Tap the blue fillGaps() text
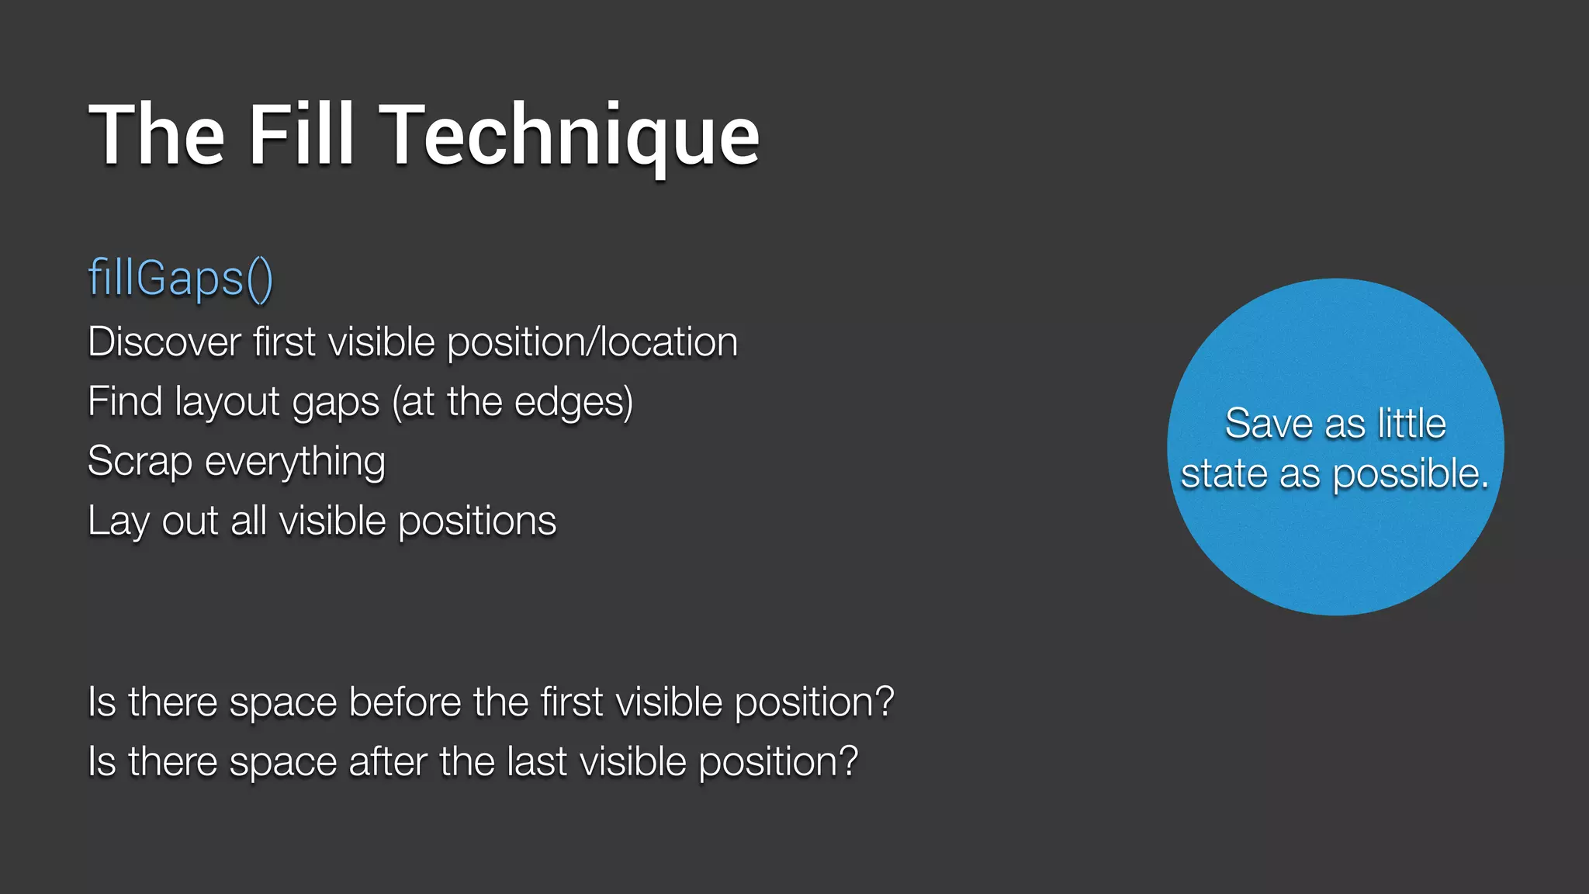click(x=180, y=278)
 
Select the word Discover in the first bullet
click(x=164, y=342)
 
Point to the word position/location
click(x=593, y=342)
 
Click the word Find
click(x=125, y=402)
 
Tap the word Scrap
click(x=140, y=462)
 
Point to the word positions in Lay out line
click(x=477, y=521)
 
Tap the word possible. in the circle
click(x=1411, y=474)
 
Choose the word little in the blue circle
click(x=1411, y=424)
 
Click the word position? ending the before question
click(x=814, y=703)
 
